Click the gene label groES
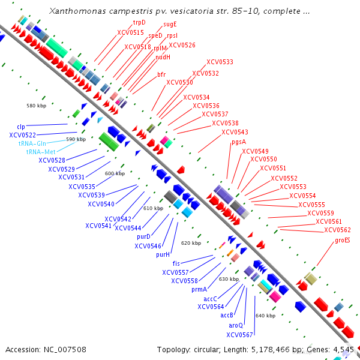343,240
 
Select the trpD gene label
139,22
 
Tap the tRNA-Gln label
32,143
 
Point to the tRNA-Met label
40,152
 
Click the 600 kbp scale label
115,173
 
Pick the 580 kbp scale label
36,106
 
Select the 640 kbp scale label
265,315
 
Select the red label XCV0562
337,230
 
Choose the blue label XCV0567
239,334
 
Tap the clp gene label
20,127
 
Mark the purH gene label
163,254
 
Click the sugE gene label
170,25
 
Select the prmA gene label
199,289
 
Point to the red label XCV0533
220,62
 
